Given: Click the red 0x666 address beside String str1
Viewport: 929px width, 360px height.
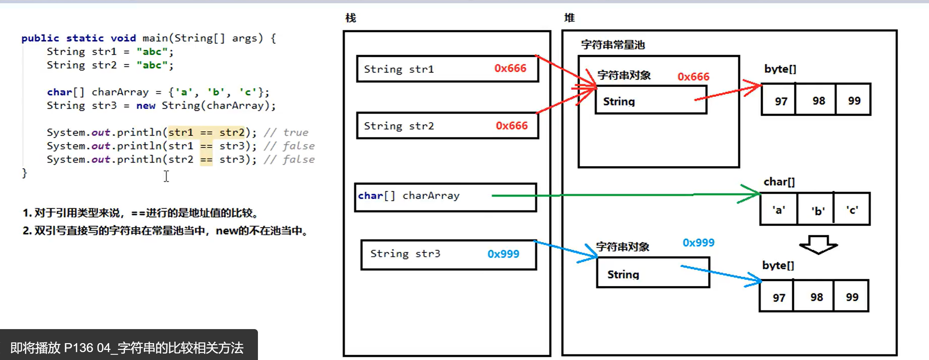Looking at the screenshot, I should click(510, 68).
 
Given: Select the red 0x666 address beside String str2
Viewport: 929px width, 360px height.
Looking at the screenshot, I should click(512, 125).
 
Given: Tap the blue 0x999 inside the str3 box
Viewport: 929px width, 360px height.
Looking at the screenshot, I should click(503, 254).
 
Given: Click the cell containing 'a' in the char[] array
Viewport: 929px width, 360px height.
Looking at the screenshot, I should click(778, 209).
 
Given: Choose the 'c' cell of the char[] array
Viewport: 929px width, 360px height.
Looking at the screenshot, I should click(852, 209).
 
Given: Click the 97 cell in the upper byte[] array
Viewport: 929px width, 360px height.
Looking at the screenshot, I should click(781, 101).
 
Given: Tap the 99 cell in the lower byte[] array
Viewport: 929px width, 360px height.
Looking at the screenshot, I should click(852, 297).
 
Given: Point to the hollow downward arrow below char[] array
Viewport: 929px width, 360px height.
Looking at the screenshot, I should click(818, 245).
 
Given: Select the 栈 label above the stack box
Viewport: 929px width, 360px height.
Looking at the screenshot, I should click(351, 18).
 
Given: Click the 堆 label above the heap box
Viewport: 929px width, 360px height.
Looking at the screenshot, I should click(569, 17).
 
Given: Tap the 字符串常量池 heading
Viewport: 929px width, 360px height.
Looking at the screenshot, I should click(613, 45).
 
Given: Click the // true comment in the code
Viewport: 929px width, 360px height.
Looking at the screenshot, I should click(286, 132).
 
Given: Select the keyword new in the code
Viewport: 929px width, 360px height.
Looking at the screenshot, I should click(146, 106).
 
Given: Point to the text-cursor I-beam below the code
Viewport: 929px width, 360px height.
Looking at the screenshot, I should click(166, 176).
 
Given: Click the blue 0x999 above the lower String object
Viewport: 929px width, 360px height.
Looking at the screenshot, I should click(698, 243).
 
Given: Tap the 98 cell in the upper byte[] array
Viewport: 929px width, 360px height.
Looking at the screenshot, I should click(818, 101).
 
